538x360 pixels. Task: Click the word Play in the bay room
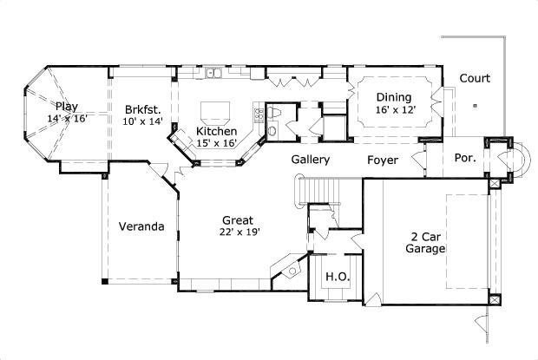pyautogui.click(x=67, y=107)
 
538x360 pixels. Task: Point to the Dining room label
pyautogui.click(x=393, y=97)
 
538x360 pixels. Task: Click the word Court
pyautogui.click(x=475, y=78)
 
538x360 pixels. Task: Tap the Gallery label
pyautogui.click(x=310, y=160)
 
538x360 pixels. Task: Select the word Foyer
pyautogui.click(x=382, y=160)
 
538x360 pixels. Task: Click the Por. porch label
pyautogui.click(x=463, y=160)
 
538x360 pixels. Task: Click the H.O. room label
pyautogui.click(x=336, y=277)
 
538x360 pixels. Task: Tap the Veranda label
pyautogui.click(x=141, y=226)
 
